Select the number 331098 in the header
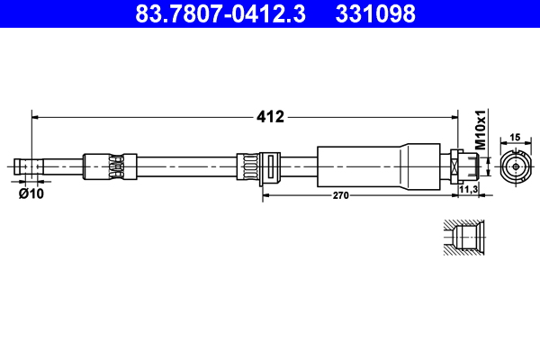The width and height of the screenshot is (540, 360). click(x=375, y=13)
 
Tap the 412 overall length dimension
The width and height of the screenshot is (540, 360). click(x=271, y=116)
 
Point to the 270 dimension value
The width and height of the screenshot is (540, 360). click(x=340, y=193)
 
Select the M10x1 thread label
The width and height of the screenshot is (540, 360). click(x=481, y=130)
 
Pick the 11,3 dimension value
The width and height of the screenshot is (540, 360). click(x=467, y=191)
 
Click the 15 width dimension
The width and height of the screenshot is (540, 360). click(x=515, y=137)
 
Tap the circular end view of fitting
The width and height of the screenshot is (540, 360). click(x=515, y=166)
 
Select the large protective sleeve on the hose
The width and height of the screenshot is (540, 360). click(x=360, y=166)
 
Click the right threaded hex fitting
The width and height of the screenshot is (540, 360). click(x=466, y=166)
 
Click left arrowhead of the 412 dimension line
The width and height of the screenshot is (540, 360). click(x=36, y=116)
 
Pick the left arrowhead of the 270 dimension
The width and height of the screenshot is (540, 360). click(x=265, y=193)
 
